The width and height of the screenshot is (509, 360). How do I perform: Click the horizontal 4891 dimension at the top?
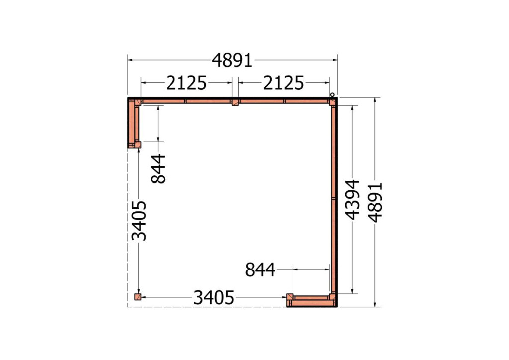(232, 60)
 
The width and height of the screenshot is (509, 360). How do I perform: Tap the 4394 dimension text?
(352, 199)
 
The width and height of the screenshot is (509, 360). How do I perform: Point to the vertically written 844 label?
(159, 169)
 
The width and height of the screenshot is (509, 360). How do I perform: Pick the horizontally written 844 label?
(260, 270)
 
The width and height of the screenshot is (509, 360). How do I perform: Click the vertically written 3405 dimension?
(139, 221)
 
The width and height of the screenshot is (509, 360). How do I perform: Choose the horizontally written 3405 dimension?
(214, 298)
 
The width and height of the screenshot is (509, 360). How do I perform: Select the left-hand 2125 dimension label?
(186, 83)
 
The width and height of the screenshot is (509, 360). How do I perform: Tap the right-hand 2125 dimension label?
(283, 83)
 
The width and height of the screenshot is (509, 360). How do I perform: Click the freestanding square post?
(138, 297)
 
